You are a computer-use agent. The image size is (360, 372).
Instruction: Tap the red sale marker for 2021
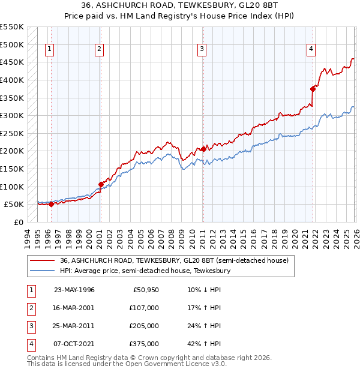tap(313, 88)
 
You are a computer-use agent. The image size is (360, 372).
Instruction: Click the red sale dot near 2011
tap(203, 149)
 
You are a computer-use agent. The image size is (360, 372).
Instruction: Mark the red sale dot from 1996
tap(51, 204)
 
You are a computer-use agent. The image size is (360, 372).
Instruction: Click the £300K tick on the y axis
tap(12, 115)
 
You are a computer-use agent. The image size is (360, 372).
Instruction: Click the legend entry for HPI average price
tap(144, 271)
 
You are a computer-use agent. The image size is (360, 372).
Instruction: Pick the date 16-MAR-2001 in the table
tap(74, 307)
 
